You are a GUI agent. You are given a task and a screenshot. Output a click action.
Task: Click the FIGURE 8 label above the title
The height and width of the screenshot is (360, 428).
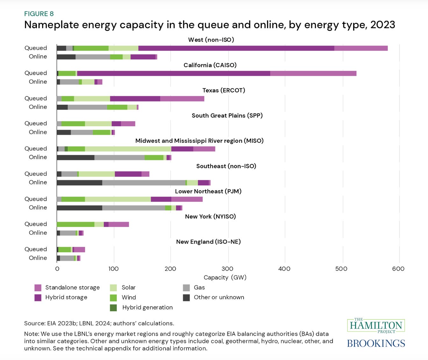pyautogui.click(x=39, y=14)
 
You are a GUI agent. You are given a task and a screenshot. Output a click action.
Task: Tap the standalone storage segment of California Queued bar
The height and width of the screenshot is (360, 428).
pyautogui.click(x=313, y=73)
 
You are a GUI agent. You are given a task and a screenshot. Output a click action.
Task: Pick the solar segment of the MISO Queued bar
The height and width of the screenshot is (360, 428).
pyautogui.click(x=128, y=149)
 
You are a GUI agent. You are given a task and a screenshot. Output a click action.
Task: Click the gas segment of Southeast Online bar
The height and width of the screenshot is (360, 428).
pyautogui.click(x=144, y=183)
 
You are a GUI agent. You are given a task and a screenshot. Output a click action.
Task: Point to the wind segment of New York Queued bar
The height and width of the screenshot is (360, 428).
pyautogui.click(x=75, y=224)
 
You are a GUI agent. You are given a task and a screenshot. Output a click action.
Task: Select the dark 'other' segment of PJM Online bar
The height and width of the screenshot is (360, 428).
pyautogui.click(x=79, y=208)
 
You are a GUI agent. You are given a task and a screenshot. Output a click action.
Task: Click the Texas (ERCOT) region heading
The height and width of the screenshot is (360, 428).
pyautogui.click(x=224, y=90)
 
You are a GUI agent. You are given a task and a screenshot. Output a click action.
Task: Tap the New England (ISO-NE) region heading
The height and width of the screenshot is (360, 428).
pyautogui.click(x=208, y=241)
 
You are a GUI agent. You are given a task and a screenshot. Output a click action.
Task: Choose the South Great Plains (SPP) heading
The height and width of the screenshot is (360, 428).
pyautogui.click(x=227, y=115)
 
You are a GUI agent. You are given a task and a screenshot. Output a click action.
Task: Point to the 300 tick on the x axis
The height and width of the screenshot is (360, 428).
pyautogui.click(x=227, y=269)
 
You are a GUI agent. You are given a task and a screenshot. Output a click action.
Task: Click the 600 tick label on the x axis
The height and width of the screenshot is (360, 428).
pyautogui.click(x=398, y=269)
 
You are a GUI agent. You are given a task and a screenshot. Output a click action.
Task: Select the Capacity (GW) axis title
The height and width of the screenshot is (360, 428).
pyautogui.click(x=225, y=277)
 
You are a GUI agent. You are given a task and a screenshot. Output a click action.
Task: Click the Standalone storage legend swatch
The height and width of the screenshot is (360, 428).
pyautogui.click(x=38, y=288)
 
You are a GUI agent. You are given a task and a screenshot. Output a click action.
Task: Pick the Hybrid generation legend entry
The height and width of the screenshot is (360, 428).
pyautogui.click(x=147, y=307)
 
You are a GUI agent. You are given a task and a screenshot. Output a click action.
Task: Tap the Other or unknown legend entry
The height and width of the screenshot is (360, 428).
pyautogui.click(x=219, y=297)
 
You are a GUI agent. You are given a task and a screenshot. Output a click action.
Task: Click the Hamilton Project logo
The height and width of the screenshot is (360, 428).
pyautogui.click(x=376, y=326)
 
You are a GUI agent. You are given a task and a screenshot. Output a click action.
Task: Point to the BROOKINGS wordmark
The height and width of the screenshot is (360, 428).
pyautogui.click(x=376, y=343)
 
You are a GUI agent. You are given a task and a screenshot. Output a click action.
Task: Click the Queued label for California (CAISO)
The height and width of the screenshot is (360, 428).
pyautogui.click(x=36, y=73)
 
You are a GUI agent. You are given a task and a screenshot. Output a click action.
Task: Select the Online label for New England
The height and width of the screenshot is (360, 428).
pyautogui.click(x=38, y=258)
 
